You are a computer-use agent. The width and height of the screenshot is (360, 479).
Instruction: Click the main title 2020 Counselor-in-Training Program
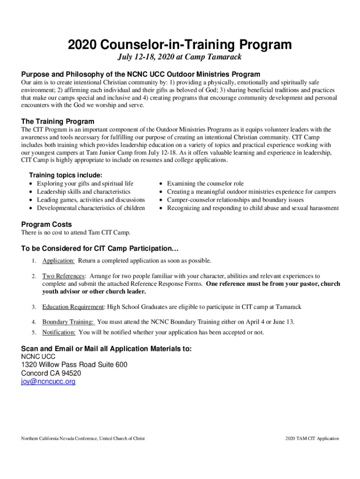[x=180, y=45]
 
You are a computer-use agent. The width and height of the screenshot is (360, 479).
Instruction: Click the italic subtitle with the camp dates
[x=180, y=58]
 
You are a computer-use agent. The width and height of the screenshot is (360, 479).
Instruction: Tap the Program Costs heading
[x=47, y=224]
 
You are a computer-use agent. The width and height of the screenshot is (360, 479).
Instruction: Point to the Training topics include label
[x=62, y=175]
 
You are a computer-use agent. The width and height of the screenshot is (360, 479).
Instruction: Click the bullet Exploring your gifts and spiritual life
[x=85, y=183]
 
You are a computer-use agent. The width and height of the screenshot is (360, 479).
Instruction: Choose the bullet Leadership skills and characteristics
[x=84, y=191]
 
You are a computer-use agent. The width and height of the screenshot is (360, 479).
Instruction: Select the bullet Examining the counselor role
[x=205, y=183]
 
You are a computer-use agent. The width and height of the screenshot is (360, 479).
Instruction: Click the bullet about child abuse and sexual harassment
[x=252, y=208]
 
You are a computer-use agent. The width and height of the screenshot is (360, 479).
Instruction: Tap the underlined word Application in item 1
[x=58, y=261]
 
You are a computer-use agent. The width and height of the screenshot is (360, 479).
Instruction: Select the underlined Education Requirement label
[x=73, y=307]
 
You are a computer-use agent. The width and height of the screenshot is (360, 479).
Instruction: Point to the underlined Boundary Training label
[x=68, y=322]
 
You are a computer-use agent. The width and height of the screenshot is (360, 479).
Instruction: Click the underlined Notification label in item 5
[x=59, y=332]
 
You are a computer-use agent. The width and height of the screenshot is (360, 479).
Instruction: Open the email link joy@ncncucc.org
[x=48, y=382]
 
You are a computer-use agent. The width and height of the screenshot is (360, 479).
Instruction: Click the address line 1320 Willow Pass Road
[x=74, y=365]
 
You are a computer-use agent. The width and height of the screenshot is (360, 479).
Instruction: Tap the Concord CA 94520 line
[x=51, y=373]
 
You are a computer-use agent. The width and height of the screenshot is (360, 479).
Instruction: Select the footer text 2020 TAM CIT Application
[x=312, y=438]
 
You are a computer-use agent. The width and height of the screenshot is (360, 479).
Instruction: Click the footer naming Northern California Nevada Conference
[x=83, y=438]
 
